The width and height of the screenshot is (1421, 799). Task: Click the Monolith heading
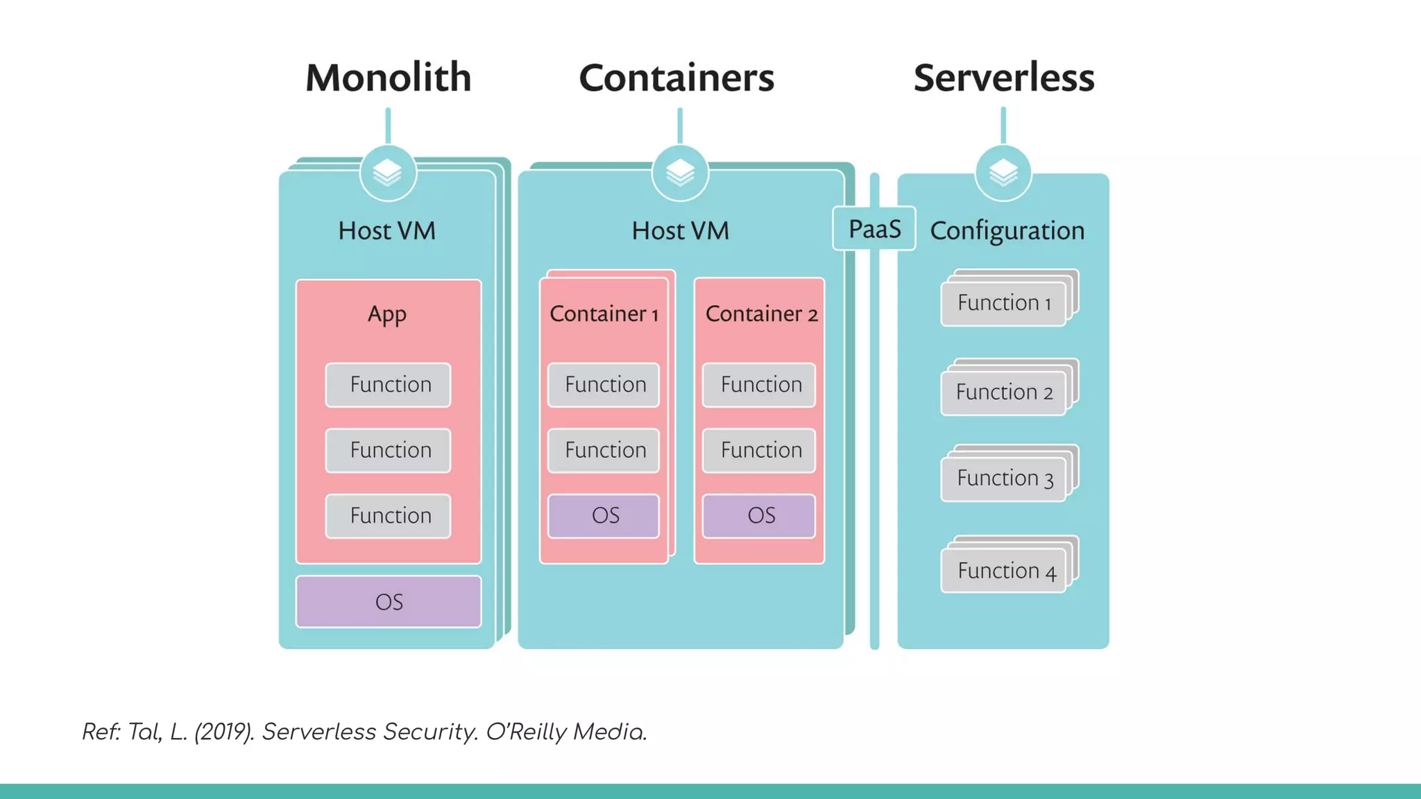point(388,77)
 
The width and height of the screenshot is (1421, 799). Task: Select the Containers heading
point(677,77)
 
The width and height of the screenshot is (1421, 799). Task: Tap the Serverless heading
point(1003,77)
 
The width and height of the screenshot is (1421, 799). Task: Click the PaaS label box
point(874,228)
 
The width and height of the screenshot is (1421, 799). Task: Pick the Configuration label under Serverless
point(1007,230)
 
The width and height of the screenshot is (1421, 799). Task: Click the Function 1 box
point(1003,303)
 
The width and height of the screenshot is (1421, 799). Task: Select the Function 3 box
point(1003,479)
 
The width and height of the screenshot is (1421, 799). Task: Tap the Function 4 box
point(1003,571)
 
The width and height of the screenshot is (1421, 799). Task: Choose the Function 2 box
point(1003,393)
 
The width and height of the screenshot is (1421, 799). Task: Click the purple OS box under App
point(389,601)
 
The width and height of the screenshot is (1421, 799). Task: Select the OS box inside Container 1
point(604,515)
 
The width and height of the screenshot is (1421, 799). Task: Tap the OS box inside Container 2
point(759,515)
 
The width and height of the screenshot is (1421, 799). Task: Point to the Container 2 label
point(761,313)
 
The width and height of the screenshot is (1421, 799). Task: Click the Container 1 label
point(604,313)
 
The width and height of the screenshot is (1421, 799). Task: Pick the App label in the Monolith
point(387,314)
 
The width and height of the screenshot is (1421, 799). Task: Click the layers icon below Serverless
point(1003,173)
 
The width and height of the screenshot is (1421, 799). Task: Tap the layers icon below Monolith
point(388,173)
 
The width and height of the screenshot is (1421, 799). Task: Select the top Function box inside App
point(389,385)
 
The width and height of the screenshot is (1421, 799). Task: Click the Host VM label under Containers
point(680,230)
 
